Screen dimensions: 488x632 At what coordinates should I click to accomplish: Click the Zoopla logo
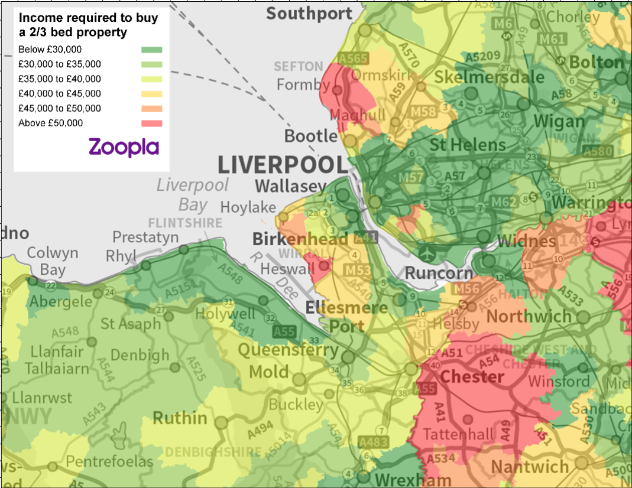point(124,147)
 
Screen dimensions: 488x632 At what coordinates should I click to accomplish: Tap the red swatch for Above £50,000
point(152,123)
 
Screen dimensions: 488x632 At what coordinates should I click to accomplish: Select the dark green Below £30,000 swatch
point(152,49)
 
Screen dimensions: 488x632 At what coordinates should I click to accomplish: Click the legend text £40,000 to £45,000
point(60,93)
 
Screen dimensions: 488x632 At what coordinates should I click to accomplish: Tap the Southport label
point(309,13)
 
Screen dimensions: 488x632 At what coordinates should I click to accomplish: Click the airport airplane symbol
point(427,253)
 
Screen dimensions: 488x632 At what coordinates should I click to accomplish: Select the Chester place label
point(472,376)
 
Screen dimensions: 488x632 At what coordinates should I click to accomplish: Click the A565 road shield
point(353,58)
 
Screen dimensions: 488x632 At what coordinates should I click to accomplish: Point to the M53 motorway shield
point(357,271)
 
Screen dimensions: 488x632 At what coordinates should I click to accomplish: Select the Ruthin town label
point(180,418)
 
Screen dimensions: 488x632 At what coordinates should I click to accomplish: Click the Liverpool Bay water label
point(192,194)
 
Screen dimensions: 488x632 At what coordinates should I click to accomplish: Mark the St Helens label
point(467,145)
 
